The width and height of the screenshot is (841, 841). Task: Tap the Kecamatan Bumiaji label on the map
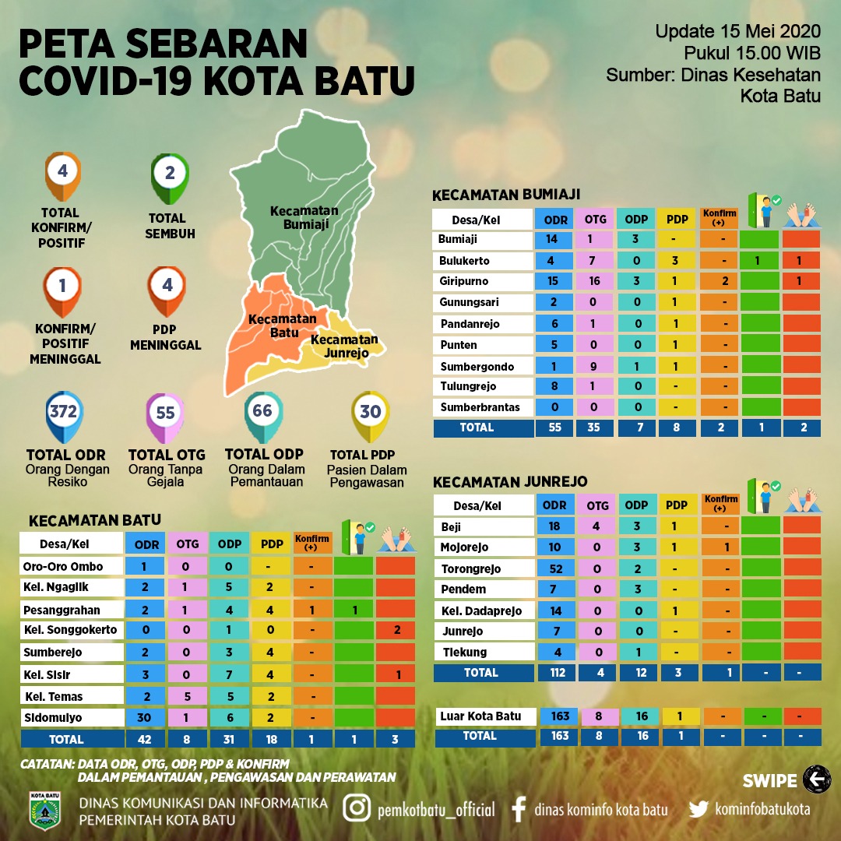point(304,216)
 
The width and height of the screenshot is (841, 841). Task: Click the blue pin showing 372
point(63,413)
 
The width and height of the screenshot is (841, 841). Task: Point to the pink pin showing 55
point(166,413)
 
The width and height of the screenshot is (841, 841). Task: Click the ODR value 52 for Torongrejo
point(555,568)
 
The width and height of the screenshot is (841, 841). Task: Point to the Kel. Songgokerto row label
point(71,630)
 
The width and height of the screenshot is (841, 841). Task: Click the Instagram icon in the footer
point(357,808)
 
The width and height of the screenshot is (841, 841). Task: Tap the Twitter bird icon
point(699,809)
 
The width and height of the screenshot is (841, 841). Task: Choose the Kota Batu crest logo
point(44,811)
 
